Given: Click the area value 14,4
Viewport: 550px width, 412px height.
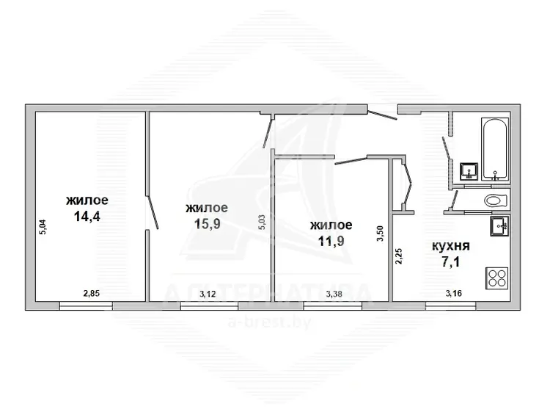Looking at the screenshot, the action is pos(87,217).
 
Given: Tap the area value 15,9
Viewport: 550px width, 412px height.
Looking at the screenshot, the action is pos(207,224).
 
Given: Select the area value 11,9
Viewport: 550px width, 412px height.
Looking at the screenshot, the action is pos(331,242).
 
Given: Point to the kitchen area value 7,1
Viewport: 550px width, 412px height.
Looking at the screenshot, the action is pos(451,262).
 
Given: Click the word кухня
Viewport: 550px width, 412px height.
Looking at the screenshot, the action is pos(451,246).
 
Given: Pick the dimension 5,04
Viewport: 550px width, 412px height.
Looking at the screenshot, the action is pos(43,227).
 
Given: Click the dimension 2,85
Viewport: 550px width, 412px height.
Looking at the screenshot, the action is pos(91,293).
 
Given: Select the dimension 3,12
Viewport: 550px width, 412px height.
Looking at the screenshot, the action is pos(208,294).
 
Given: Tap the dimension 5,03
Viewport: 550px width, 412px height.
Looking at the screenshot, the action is pos(262,223).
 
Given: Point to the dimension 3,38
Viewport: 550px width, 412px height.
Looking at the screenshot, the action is pos(334,294).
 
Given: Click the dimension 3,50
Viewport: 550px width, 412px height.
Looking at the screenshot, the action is pos(380,234).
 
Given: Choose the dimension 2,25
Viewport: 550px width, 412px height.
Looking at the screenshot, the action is pos(399,256).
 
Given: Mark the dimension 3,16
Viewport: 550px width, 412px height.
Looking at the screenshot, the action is pos(453,293).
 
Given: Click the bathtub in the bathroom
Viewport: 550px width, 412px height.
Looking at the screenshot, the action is pos(495,149).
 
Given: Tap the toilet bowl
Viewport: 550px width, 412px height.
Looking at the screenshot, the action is pos(496,201).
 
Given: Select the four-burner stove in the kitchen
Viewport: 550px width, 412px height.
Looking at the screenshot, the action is pos(496,278).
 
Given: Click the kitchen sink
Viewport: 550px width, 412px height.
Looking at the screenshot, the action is pos(499,225).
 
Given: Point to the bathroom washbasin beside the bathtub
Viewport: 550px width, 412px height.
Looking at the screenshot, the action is pos(469,171).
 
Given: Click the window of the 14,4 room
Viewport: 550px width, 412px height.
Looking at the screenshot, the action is pos(86,306).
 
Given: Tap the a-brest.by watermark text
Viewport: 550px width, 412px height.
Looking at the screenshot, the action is pos(269,322).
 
